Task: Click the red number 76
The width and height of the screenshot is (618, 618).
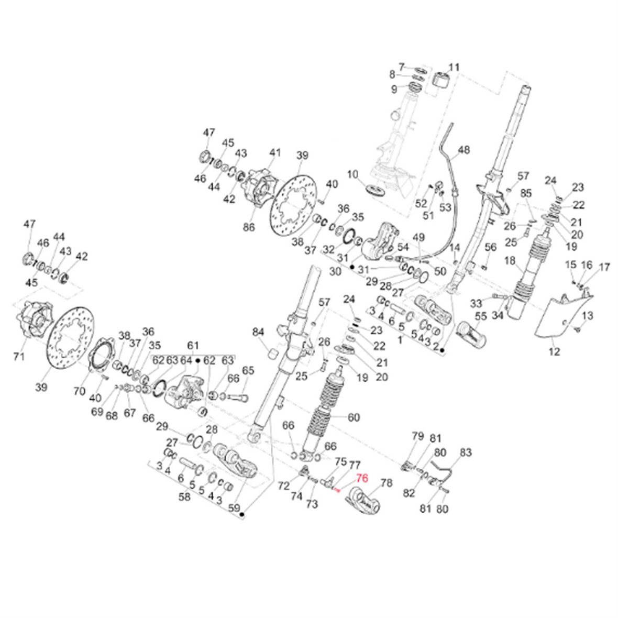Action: [x=362, y=478]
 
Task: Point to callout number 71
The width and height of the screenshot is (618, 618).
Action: [x=19, y=357]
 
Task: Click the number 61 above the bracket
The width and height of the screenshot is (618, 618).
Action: [x=193, y=345]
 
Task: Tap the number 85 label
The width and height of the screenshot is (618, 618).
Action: [x=526, y=193]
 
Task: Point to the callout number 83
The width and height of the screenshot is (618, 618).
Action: [x=466, y=451]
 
